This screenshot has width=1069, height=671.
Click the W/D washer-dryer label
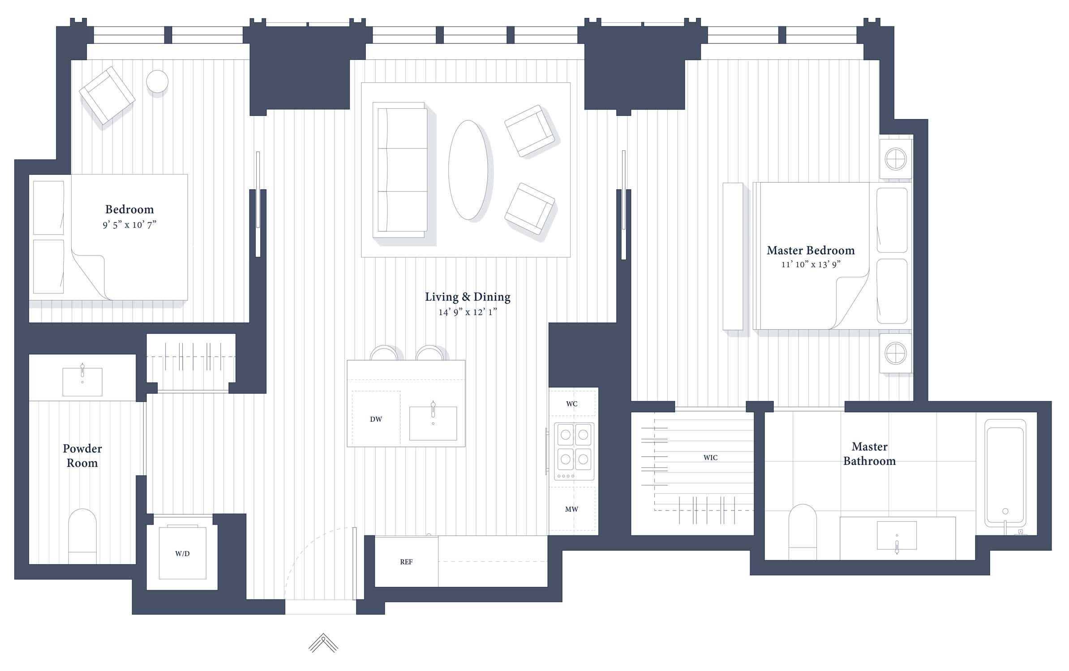pyautogui.click(x=182, y=554)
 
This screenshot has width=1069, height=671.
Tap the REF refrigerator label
pyautogui.click(x=406, y=562)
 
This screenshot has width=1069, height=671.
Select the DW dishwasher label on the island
pyautogui.click(x=376, y=419)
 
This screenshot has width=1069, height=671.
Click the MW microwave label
pyautogui.click(x=571, y=509)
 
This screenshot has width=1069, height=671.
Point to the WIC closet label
pyautogui.click(x=710, y=458)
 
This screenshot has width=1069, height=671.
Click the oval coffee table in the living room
pyautogui.click(x=468, y=170)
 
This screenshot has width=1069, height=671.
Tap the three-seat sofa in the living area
pyautogui.click(x=400, y=170)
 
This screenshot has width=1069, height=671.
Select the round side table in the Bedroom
pyautogui.click(x=157, y=82)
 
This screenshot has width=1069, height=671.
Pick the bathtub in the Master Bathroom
pyautogui.click(x=1005, y=474)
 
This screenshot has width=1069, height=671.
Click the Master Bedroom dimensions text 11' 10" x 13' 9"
pyautogui.click(x=811, y=264)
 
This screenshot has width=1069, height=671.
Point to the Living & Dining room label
pyautogui.click(x=468, y=297)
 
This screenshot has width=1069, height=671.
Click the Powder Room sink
pyautogui.click(x=82, y=382)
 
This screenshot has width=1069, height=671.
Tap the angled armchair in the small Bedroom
pyautogui.click(x=107, y=95)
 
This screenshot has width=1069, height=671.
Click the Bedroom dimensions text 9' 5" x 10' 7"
pyautogui.click(x=129, y=225)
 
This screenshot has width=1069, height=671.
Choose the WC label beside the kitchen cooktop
pyautogui.click(x=572, y=404)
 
